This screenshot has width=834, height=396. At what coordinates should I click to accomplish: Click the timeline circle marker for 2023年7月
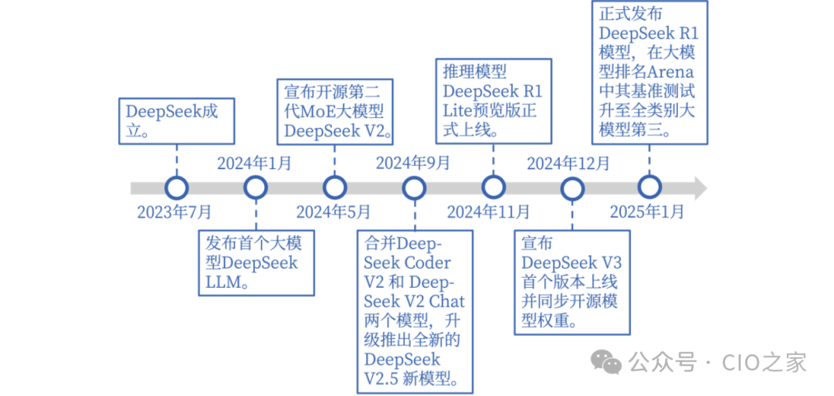point(177,187)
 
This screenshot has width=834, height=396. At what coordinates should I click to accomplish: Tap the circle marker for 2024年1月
point(255,187)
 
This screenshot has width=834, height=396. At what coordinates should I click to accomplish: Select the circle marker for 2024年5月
point(334,187)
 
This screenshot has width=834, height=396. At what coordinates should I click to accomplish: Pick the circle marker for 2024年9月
point(414,187)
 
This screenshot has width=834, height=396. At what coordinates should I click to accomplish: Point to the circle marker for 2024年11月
point(492,187)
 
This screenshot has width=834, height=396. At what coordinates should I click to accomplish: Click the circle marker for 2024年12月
point(571,187)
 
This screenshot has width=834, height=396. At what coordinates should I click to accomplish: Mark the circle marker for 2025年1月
point(649,187)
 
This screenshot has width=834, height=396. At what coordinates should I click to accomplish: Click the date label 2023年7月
point(174,211)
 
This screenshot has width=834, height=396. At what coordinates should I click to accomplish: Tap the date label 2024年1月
point(254,163)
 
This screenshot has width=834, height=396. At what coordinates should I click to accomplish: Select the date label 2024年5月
point(333,211)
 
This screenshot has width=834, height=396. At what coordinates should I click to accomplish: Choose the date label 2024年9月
point(413,163)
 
